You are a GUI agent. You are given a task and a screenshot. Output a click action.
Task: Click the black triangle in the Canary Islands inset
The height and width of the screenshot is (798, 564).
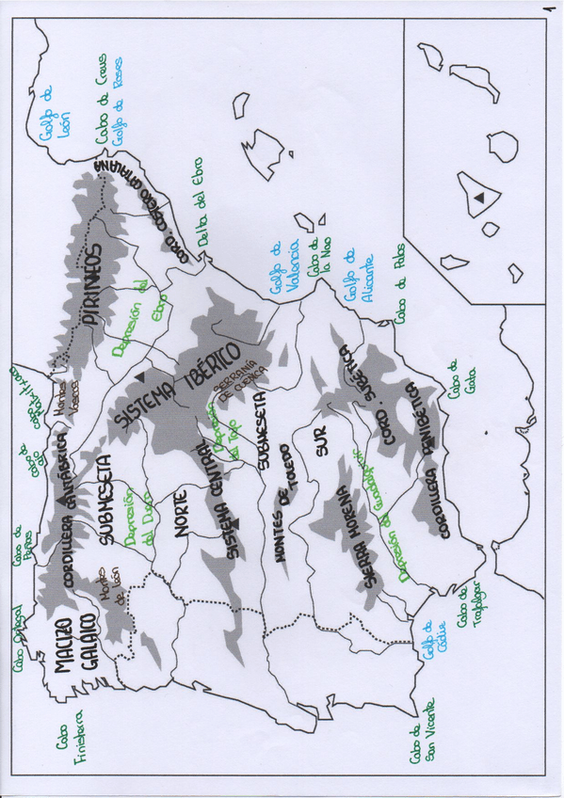(479, 197)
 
